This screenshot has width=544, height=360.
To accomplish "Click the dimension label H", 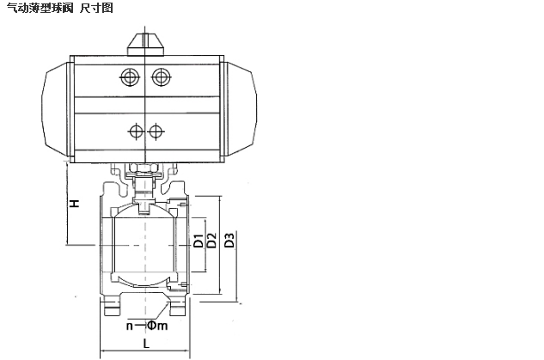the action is click(x=75, y=204).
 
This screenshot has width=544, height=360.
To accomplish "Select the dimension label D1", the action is click(x=199, y=241).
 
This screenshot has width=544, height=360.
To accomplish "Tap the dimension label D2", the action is click(x=211, y=241).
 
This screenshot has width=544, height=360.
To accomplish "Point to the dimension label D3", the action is click(x=229, y=241).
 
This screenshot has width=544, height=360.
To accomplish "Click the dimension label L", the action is click(x=146, y=344).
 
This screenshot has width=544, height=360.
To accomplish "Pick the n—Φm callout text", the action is click(x=147, y=326).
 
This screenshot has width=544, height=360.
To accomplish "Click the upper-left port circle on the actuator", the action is click(x=130, y=76).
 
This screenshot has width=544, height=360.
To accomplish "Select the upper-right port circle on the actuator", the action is click(x=161, y=76).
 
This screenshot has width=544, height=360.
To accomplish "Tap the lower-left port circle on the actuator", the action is click(x=136, y=131).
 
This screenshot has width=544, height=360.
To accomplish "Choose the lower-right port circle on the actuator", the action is click(x=156, y=131).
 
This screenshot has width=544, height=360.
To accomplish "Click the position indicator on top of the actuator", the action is click(x=145, y=45).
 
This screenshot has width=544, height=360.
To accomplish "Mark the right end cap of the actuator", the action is click(x=240, y=109).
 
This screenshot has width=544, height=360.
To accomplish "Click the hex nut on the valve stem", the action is click(x=143, y=168).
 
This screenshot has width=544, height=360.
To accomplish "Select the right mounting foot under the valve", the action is click(x=179, y=308).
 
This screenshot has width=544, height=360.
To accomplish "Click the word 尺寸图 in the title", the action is click(x=96, y=7).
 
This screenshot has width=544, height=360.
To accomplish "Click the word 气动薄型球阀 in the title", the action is click(x=40, y=7).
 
